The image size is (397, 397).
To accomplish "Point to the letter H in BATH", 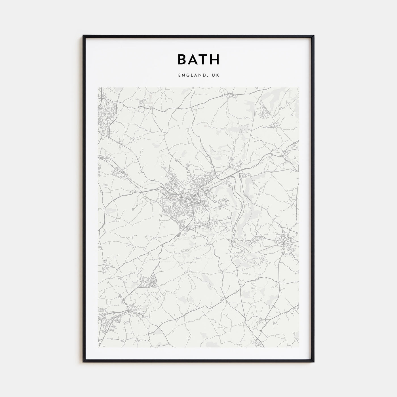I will click(215, 60).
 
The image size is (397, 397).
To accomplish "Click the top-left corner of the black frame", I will click(83, 36).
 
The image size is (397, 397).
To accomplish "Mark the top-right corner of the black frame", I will click(314, 36).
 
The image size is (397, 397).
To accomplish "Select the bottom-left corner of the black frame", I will click(83, 362).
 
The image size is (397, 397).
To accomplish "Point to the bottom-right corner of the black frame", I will click(314, 362).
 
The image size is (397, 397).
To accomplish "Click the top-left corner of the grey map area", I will click(98, 88).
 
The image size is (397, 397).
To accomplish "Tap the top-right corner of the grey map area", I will click(299, 88).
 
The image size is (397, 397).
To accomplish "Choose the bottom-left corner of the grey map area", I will click(98, 347).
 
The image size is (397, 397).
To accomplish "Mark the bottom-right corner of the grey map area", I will click(299, 347).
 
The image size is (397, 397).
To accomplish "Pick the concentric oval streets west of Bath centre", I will click(167, 208).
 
